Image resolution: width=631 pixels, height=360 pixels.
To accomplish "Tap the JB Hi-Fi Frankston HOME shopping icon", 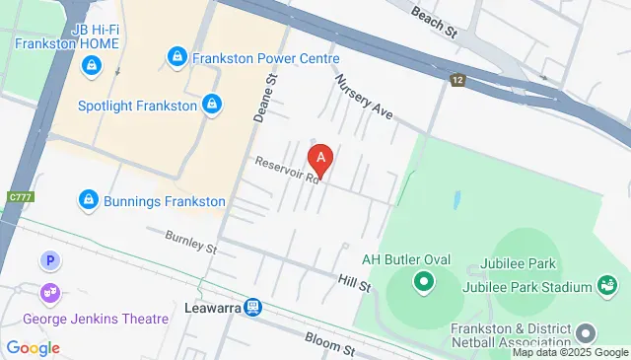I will click(91, 66).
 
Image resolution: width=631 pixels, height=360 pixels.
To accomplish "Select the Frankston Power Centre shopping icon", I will click(177, 57).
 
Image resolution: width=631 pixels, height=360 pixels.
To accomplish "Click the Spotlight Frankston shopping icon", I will click(211, 104).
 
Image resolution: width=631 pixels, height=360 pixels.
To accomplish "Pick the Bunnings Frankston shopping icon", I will click(89, 201).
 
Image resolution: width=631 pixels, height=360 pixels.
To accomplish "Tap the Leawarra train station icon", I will click(253, 308).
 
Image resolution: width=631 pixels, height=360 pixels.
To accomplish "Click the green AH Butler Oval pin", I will click(424, 284).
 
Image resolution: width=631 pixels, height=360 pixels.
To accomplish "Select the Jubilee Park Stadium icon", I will click(606, 286).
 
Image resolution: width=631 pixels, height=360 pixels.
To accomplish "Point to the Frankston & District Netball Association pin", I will click(588, 330).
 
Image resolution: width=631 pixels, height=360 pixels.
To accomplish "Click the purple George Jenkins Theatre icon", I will click(49, 294).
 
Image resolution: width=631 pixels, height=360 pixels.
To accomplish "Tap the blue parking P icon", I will click(48, 262).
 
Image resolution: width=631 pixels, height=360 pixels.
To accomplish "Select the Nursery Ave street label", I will click(363, 97).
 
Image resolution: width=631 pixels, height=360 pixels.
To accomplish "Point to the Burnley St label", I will click(190, 241).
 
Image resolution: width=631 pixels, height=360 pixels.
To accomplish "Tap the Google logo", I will click(33, 347).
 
